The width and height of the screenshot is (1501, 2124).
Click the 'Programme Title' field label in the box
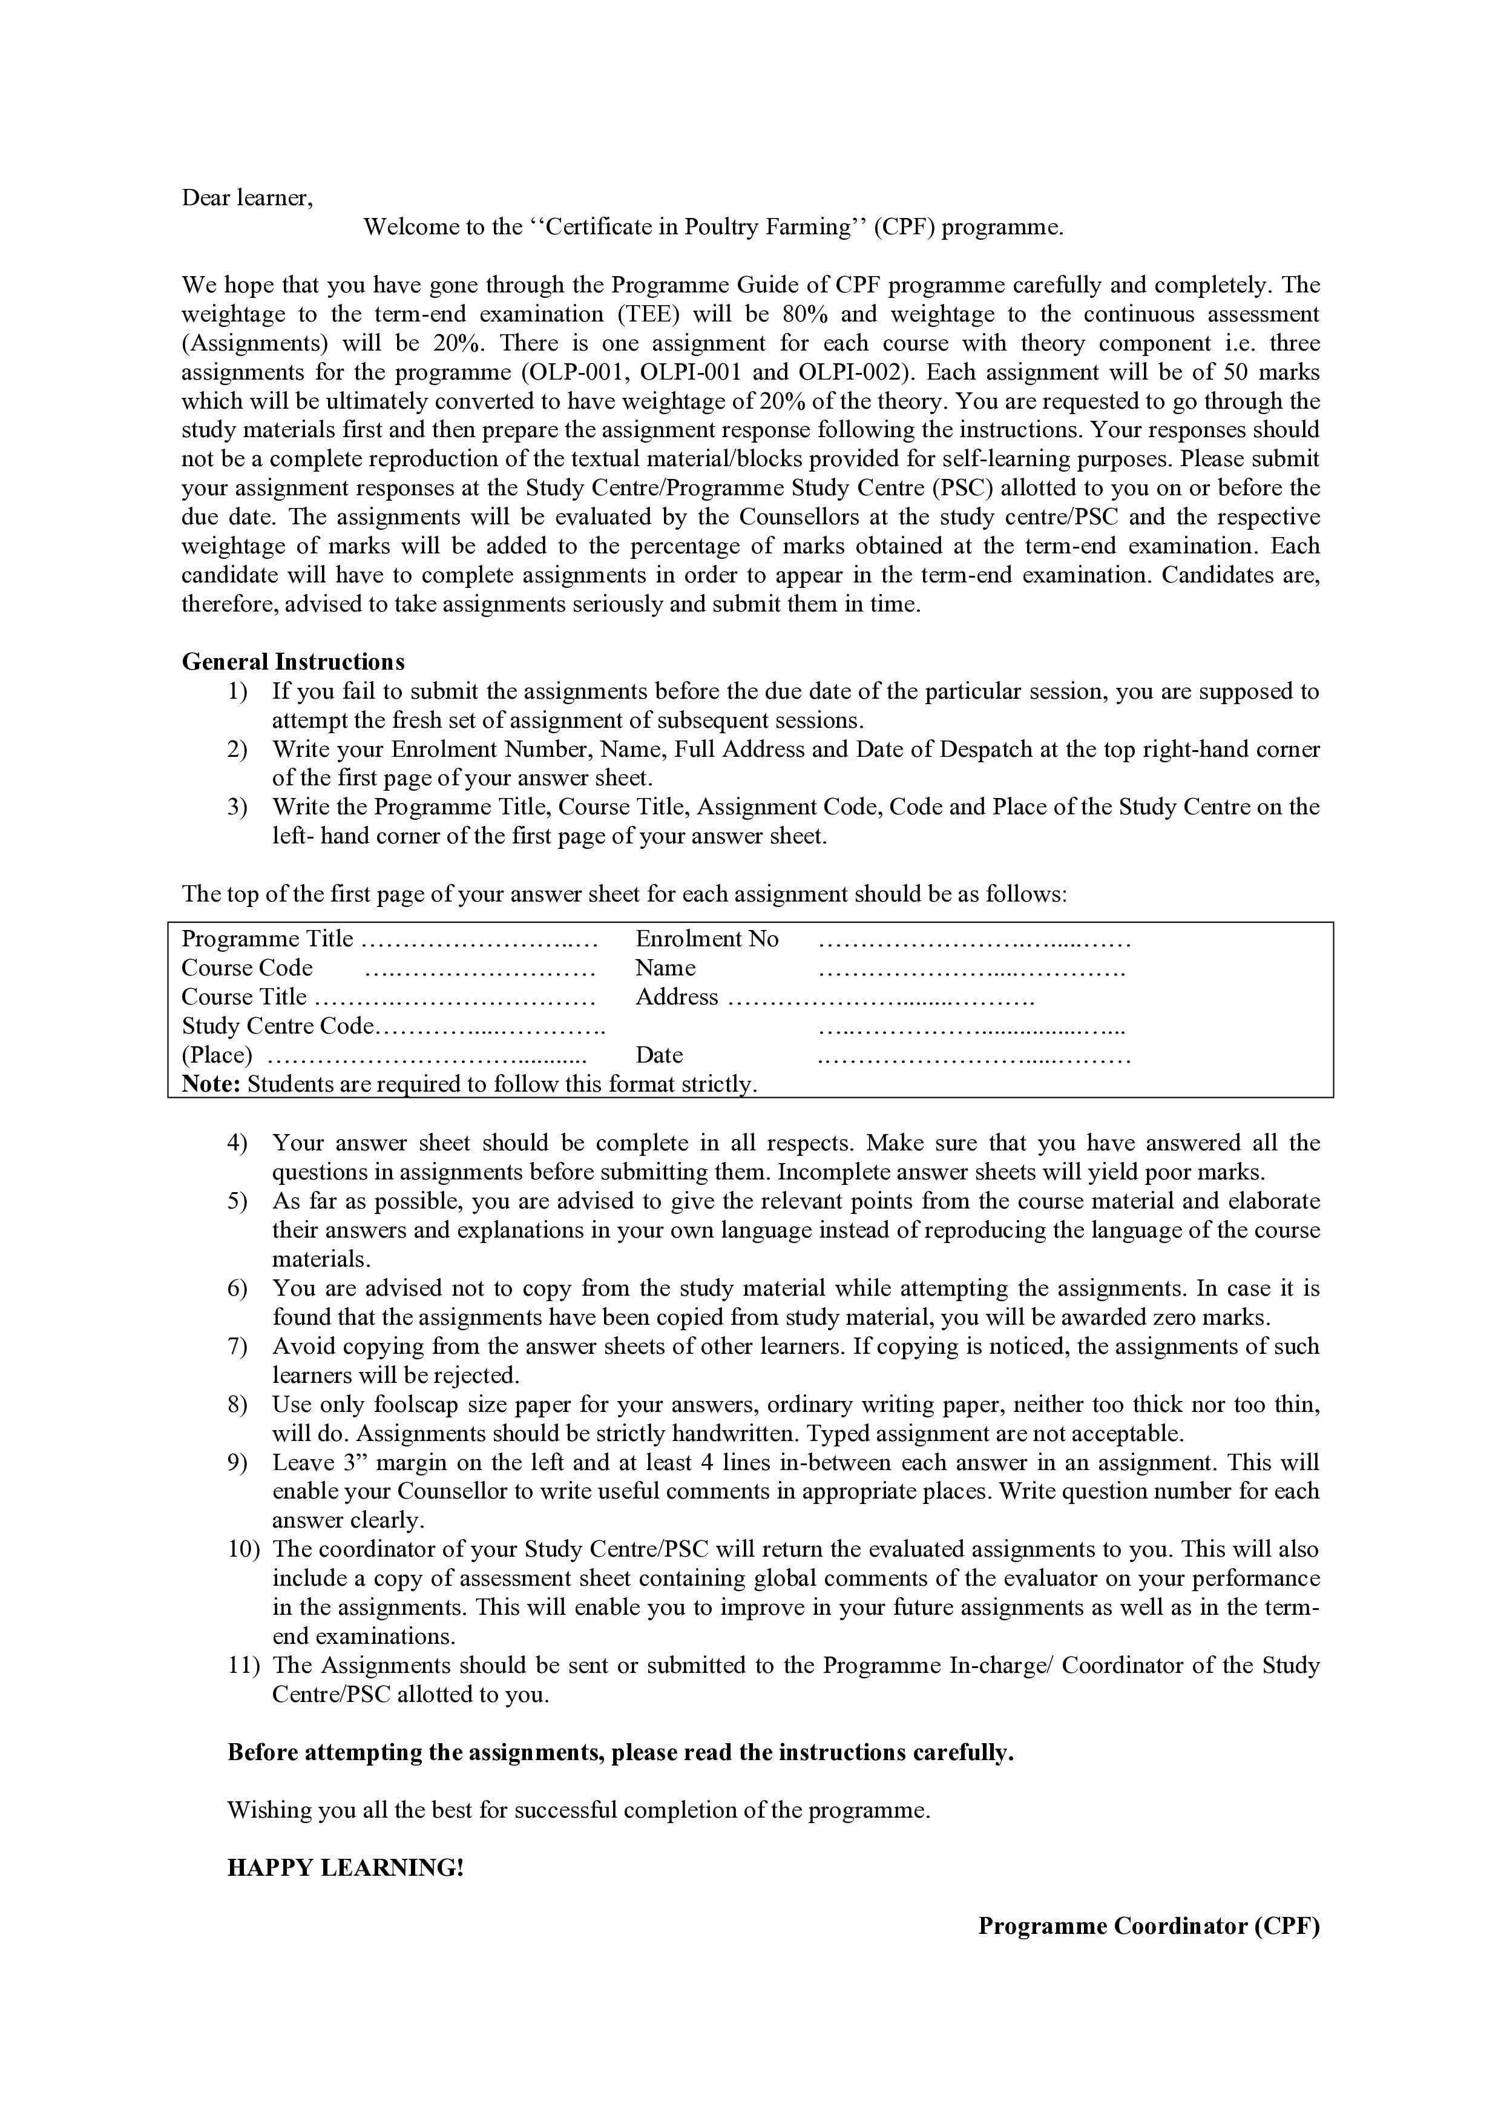tap(268, 939)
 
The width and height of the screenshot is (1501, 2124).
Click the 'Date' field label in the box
tap(659, 1055)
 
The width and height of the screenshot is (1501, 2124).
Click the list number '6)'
tap(238, 1288)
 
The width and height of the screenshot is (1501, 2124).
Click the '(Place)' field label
tap(217, 1055)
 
